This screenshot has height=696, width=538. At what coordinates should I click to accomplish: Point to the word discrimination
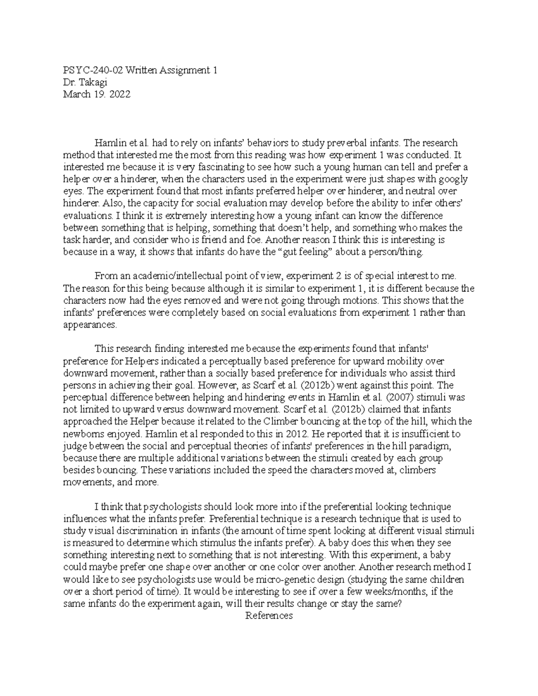click(x=137, y=531)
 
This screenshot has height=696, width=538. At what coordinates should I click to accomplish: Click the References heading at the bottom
click(x=269, y=615)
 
